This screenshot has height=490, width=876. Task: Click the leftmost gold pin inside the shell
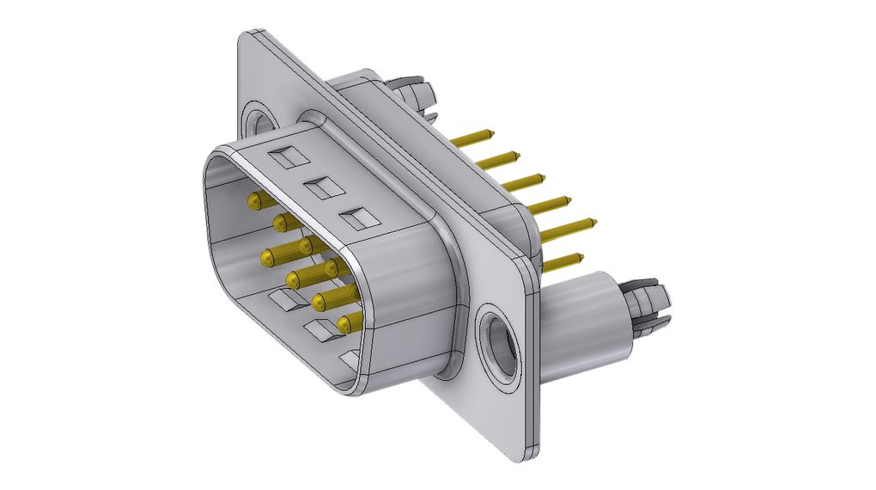[x=254, y=201]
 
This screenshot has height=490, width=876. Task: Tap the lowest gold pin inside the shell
[x=345, y=324]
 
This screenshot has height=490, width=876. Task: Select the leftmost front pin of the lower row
[x=269, y=256]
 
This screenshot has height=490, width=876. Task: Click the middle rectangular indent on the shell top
[x=319, y=187]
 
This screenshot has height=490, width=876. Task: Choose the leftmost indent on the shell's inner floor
[x=280, y=300]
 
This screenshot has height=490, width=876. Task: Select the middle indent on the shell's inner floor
[x=317, y=328]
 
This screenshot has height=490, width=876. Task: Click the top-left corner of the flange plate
[x=245, y=34]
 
